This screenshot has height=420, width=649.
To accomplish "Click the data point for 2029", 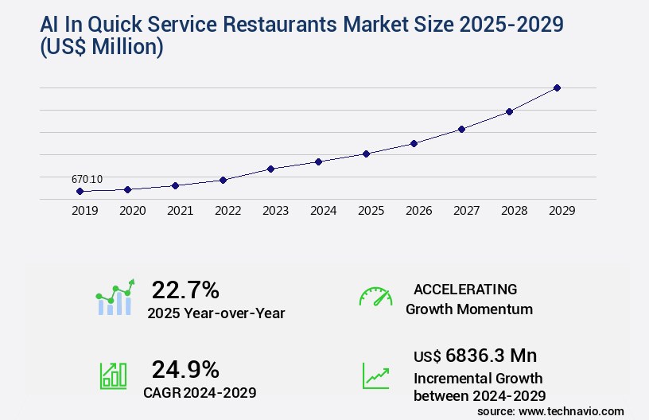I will click(557, 87).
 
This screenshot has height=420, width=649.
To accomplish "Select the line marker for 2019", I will click(80, 192).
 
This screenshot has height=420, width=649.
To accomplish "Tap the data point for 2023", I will click(270, 169).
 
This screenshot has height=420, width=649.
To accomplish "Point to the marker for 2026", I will click(414, 143).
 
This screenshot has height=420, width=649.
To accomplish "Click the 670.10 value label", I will click(87, 180).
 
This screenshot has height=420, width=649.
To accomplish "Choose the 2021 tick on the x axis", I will click(180, 211).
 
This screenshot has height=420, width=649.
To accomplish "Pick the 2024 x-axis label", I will click(323, 211).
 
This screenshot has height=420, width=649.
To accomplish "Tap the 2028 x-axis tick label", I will click(514, 211).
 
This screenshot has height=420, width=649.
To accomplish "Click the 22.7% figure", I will click(185, 289).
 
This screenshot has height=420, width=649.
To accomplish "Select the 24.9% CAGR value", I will click(185, 369).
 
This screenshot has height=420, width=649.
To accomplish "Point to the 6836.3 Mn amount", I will click(486, 356).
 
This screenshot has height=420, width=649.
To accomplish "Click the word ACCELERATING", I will click(465, 289).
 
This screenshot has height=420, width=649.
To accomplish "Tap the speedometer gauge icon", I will click(375, 297).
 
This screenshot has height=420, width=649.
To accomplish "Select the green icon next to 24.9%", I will click(113, 375).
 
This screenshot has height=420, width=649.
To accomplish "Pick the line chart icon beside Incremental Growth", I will click(375, 375).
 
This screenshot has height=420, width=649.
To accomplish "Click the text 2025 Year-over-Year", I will click(216, 313).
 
